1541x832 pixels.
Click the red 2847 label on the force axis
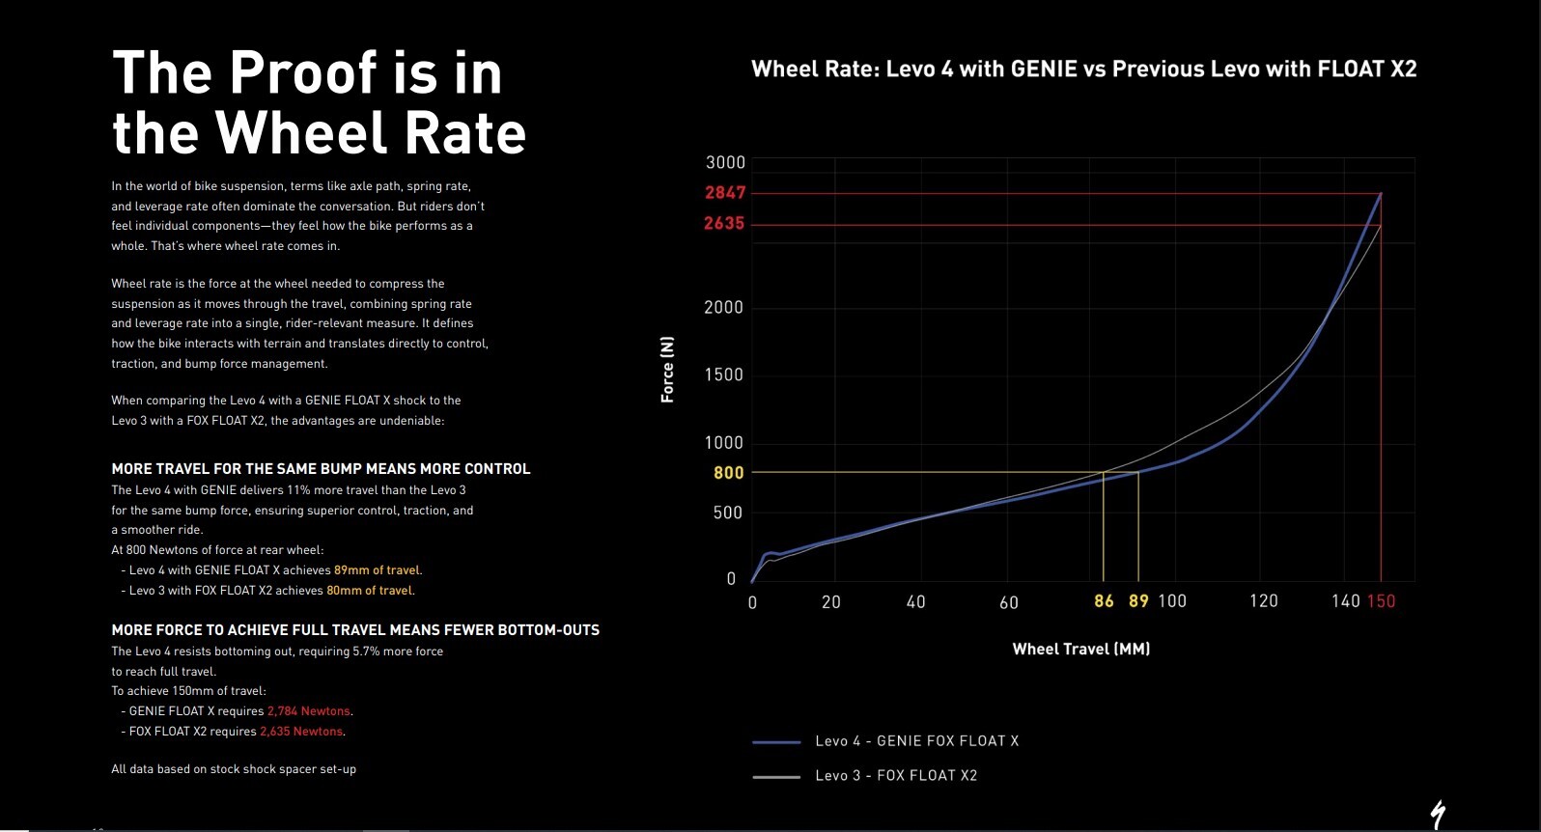725,192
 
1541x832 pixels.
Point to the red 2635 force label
724,223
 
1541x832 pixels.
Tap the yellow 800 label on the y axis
729,473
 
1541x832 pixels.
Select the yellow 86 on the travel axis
1104,601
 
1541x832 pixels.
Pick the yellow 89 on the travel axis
1138,601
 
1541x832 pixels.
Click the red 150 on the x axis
1381,601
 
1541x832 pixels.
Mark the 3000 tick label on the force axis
725,162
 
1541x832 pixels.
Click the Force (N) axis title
667,370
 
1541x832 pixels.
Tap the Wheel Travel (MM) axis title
1080,649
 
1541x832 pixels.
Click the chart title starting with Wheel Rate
1083,69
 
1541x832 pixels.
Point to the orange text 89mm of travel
377,570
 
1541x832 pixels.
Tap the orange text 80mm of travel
370,591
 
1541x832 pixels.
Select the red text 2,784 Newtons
308,711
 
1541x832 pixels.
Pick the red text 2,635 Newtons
301,732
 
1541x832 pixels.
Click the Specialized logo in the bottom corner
1438,814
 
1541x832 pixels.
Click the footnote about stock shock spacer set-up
234,769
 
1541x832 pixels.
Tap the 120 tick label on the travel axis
1263,601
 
